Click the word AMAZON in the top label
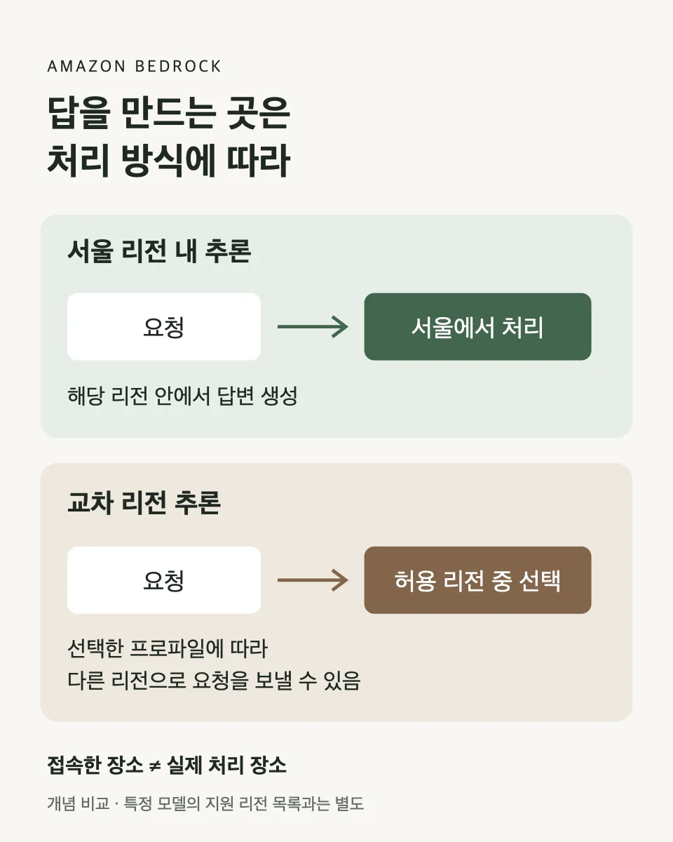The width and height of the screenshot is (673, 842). pos(86,67)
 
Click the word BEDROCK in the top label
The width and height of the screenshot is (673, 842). pos(178,67)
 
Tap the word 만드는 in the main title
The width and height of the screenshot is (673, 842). pos(168,114)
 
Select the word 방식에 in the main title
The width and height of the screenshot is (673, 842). pos(168,161)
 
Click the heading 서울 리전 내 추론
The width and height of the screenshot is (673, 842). pos(159,250)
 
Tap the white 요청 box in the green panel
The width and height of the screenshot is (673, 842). pos(164,327)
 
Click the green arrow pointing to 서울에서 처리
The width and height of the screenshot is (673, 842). pos(313,327)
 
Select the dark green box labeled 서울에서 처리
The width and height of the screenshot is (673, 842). pos(477,327)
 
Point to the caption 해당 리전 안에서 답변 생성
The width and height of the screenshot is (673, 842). pos(182,396)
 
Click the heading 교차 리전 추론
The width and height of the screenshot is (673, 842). pos(144,502)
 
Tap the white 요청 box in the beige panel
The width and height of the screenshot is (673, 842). pos(164,580)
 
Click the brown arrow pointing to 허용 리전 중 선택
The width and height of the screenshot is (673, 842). pos(313,580)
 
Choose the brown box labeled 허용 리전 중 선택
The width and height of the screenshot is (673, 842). pos(477,580)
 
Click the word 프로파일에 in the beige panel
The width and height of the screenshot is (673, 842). pos(177,649)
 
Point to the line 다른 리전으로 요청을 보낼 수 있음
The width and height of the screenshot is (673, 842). pos(214,681)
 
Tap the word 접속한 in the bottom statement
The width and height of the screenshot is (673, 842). pos(74,765)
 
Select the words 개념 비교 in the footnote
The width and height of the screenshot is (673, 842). pos(79,803)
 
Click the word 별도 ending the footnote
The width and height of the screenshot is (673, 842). pos(350,803)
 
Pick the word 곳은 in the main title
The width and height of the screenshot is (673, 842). pos(259,114)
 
